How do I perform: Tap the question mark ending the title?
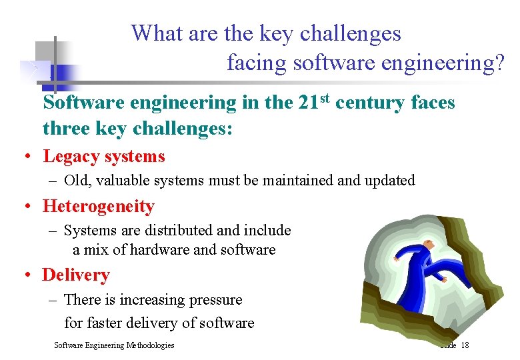[499, 63]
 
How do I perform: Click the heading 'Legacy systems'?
[104, 157]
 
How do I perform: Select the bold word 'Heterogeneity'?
[99, 207]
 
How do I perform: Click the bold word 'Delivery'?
[76, 275]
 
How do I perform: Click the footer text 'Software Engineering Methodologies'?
[114, 345]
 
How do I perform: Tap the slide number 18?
[465, 345]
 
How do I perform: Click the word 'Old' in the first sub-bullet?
[77, 180]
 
